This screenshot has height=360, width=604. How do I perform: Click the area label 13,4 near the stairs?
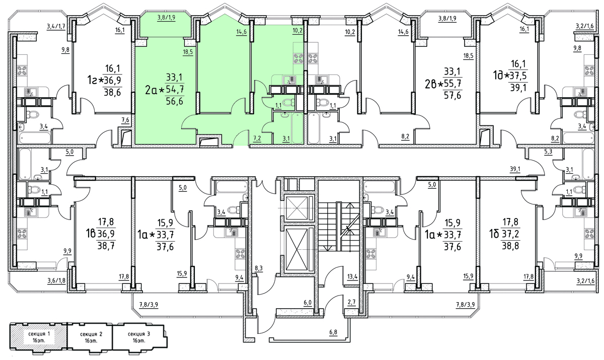click(351, 276)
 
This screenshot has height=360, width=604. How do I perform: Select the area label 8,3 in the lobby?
click(259, 269)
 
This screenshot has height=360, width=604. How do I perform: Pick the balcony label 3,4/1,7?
click(56, 26)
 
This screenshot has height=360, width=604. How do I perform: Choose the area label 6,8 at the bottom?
click(334, 332)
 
